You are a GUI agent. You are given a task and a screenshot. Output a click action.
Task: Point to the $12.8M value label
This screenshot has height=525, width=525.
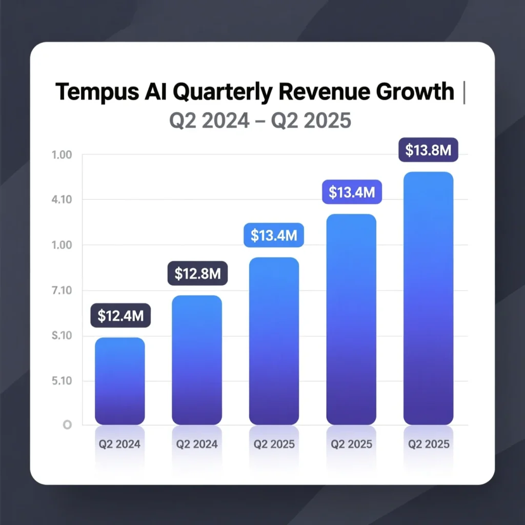(x=197, y=274)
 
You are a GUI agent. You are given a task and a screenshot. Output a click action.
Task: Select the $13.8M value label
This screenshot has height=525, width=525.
(x=429, y=150)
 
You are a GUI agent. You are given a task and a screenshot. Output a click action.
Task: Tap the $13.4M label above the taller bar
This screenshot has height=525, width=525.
(x=352, y=193)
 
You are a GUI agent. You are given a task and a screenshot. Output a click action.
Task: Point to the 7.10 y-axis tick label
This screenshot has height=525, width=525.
(x=62, y=291)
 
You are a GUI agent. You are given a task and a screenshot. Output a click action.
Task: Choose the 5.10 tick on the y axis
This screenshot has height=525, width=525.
(x=62, y=381)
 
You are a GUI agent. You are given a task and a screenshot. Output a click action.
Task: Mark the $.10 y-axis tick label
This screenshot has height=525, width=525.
(x=62, y=336)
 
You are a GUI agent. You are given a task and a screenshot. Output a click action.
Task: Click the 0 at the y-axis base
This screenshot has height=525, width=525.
(x=66, y=425)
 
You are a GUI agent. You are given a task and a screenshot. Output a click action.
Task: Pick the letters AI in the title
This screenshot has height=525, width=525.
(x=159, y=92)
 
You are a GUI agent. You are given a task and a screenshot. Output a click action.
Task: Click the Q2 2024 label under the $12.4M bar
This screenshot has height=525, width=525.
(x=120, y=444)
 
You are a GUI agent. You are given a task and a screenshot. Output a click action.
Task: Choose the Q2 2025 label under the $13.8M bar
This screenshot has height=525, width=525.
(x=429, y=444)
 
